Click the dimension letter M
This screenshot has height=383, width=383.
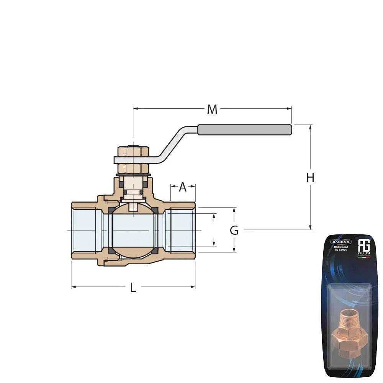click(x=212, y=110)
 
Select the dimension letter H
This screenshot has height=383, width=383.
click(x=310, y=178)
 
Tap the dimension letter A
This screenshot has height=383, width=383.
click(x=183, y=187)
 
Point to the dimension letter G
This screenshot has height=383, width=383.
click(x=234, y=231)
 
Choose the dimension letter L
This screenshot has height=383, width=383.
click(x=133, y=288)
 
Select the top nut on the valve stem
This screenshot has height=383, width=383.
click(x=133, y=151)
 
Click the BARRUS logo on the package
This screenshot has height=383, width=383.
click(x=341, y=242)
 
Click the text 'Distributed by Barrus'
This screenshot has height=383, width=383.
click(x=341, y=249)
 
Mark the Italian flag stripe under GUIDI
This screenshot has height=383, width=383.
click(x=364, y=257)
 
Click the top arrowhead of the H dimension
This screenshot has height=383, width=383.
click(x=310, y=127)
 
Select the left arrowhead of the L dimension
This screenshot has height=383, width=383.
click(x=73, y=286)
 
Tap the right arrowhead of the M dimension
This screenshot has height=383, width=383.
click(x=290, y=108)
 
